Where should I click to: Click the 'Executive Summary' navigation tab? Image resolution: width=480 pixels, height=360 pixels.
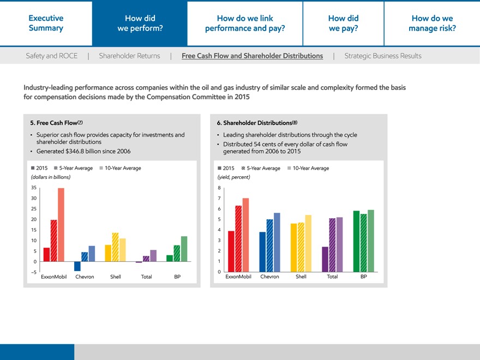46,23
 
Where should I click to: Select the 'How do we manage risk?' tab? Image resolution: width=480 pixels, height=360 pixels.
432,23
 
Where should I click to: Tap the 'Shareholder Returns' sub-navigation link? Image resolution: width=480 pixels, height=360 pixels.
129,56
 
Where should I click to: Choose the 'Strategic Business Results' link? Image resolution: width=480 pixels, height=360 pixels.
383,56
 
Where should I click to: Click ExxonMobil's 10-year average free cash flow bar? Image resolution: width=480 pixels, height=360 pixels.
61,225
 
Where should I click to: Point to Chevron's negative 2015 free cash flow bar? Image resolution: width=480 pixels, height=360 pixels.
77,266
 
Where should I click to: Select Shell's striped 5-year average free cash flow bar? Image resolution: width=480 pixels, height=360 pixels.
115,247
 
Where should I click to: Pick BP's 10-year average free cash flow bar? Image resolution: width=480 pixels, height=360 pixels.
184,249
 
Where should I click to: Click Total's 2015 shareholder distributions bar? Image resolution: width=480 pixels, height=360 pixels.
326,259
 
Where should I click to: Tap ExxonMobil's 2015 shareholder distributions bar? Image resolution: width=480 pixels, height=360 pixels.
231,251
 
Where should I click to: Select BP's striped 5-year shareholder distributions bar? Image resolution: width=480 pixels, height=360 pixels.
364,243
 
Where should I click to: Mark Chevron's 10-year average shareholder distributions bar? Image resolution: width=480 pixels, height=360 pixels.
277,242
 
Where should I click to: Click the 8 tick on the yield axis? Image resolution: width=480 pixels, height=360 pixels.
219,188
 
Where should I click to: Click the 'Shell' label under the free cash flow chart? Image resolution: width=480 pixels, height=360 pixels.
116,277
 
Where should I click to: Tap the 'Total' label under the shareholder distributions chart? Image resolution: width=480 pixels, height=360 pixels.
332,277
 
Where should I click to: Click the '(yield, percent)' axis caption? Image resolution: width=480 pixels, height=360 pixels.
233,177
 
